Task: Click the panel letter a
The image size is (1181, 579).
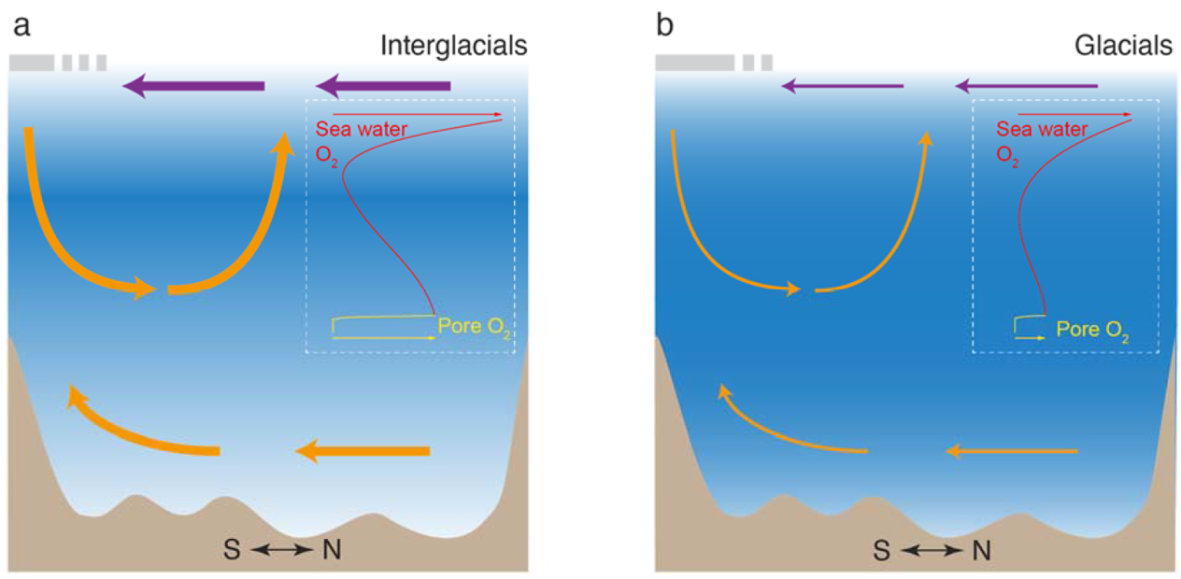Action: [x=21, y=26]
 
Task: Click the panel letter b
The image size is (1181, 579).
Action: [x=665, y=24]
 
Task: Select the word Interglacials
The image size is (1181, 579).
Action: [x=454, y=46]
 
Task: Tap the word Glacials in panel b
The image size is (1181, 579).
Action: [x=1123, y=46]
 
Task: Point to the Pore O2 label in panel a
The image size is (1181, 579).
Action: [x=474, y=328]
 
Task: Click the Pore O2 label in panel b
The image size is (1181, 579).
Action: [x=1092, y=331]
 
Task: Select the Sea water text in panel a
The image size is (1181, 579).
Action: [x=362, y=129]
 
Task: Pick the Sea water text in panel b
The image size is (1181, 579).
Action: [x=1042, y=129]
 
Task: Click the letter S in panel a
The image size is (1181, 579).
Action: [x=232, y=550]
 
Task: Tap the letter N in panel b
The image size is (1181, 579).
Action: [x=981, y=551]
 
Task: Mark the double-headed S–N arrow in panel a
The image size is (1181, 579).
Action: [x=281, y=550]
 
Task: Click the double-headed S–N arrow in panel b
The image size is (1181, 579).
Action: [x=932, y=551]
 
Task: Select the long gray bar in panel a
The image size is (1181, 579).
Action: [x=32, y=63]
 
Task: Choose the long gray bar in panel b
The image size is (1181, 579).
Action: [x=695, y=63]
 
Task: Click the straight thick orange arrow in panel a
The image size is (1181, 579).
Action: [x=363, y=451]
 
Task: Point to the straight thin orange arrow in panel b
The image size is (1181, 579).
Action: [x=1011, y=451]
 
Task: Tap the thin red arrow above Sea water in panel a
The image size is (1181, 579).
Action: [x=418, y=114]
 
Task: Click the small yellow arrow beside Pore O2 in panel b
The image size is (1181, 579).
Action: [x=1030, y=338]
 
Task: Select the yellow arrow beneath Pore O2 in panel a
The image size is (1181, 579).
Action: [x=384, y=338]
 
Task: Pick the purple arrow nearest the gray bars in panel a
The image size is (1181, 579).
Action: [x=193, y=86]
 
